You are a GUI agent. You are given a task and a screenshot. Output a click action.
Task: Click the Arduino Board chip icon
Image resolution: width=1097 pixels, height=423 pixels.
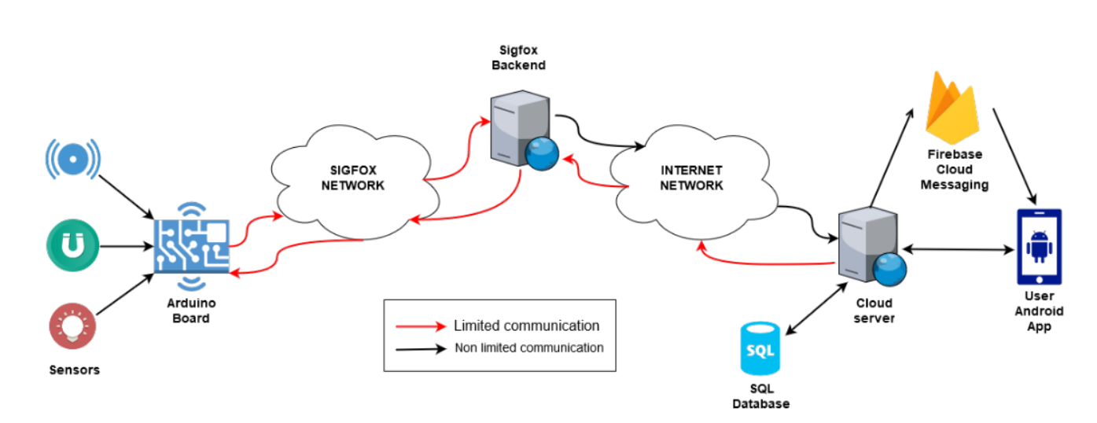click(x=191, y=245)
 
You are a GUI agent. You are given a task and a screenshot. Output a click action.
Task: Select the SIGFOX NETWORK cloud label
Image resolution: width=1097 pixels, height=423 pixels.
click(x=357, y=178)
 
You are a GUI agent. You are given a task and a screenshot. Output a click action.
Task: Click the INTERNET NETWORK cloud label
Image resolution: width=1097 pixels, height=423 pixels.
click(x=690, y=178)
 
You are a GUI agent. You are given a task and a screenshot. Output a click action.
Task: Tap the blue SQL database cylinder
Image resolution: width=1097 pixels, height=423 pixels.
click(x=760, y=348)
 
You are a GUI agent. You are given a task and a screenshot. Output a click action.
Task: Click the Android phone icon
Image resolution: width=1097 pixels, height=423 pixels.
click(x=1039, y=246)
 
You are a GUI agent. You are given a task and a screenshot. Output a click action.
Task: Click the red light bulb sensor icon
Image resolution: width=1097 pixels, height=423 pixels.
click(x=72, y=326)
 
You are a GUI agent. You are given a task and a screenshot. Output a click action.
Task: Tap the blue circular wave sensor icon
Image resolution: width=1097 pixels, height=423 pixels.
click(x=73, y=160)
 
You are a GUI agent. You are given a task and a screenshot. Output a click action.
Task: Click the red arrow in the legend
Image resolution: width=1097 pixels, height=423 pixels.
click(x=421, y=326)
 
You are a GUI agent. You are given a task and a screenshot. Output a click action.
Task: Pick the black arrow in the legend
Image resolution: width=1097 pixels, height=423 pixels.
click(x=421, y=348)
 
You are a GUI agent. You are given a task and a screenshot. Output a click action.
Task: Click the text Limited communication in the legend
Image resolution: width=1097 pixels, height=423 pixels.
click(x=526, y=326)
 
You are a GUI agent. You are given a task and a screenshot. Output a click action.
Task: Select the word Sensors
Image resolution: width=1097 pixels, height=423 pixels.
click(x=75, y=370)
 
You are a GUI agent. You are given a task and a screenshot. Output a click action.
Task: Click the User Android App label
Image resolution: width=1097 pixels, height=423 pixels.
click(x=1039, y=311)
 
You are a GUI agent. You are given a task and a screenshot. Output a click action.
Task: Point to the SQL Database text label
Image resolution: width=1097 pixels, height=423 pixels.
click(x=760, y=396)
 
